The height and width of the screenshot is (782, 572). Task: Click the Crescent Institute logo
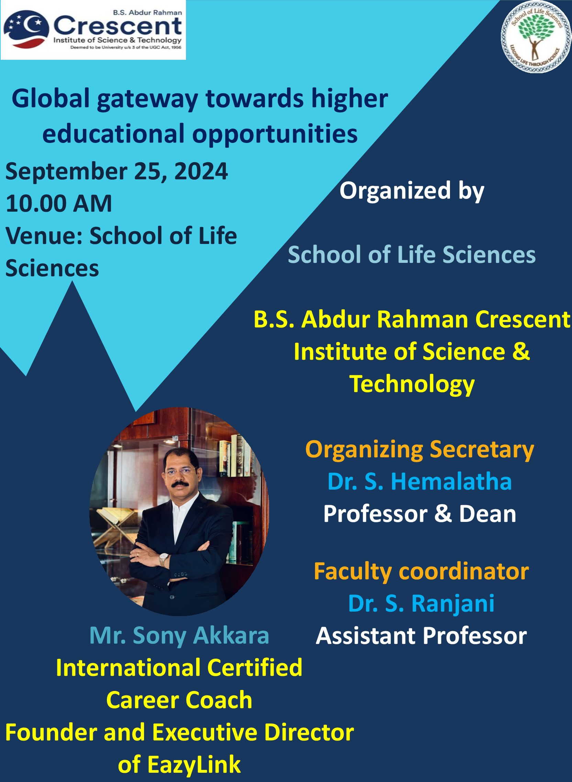(x=93, y=30)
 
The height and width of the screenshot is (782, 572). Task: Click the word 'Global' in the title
(x=51, y=99)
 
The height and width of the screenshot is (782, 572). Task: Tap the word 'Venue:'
(x=44, y=236)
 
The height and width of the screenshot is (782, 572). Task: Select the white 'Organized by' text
(x=412, y=191)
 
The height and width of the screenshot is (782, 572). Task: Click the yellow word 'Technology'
(x=412, y=385)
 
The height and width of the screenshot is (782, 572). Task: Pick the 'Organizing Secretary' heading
(x=420, y=450)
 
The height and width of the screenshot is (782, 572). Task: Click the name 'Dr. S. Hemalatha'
(x=420, y=482)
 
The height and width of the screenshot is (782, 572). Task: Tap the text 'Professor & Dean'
(x=420, y=514)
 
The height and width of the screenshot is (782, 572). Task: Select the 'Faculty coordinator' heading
(x=421, y=572)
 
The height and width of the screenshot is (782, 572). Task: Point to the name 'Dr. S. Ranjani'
(x=421, y=604)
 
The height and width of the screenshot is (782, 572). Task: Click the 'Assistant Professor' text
(x=421, y=636)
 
